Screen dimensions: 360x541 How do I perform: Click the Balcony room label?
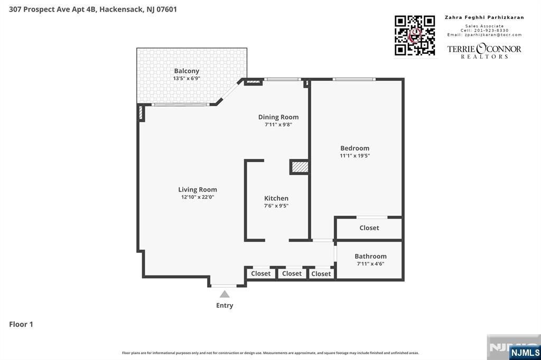(186, 71)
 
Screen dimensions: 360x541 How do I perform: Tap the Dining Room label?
(278, 117)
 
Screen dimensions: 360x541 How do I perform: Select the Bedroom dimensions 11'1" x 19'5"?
(355, 156)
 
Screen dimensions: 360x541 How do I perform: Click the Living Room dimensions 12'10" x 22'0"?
(197, 197)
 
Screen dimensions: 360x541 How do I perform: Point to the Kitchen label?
(276, 198)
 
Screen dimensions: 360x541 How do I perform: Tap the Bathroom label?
(370, 257)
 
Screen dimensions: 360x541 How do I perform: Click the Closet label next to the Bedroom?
(369, 228)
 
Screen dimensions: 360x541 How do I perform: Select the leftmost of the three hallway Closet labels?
(260, 273)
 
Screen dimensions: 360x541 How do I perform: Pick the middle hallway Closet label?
(292, 273)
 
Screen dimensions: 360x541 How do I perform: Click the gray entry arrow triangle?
(225, 294)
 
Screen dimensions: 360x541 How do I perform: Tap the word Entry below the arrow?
(225, 305)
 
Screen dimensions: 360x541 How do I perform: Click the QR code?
(415, 35)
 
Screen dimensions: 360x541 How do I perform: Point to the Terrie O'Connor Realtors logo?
(484, 51)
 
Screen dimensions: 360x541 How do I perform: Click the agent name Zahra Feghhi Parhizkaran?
(484, 17)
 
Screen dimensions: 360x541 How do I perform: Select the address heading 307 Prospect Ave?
(92, 9)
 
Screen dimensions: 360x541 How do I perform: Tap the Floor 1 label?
(21, 324)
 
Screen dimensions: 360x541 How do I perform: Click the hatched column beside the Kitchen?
(300, 167)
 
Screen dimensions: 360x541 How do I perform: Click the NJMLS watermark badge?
(525, 352)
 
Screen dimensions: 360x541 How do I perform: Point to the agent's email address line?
(484, 35)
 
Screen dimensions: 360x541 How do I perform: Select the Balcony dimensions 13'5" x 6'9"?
(186, 79)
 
